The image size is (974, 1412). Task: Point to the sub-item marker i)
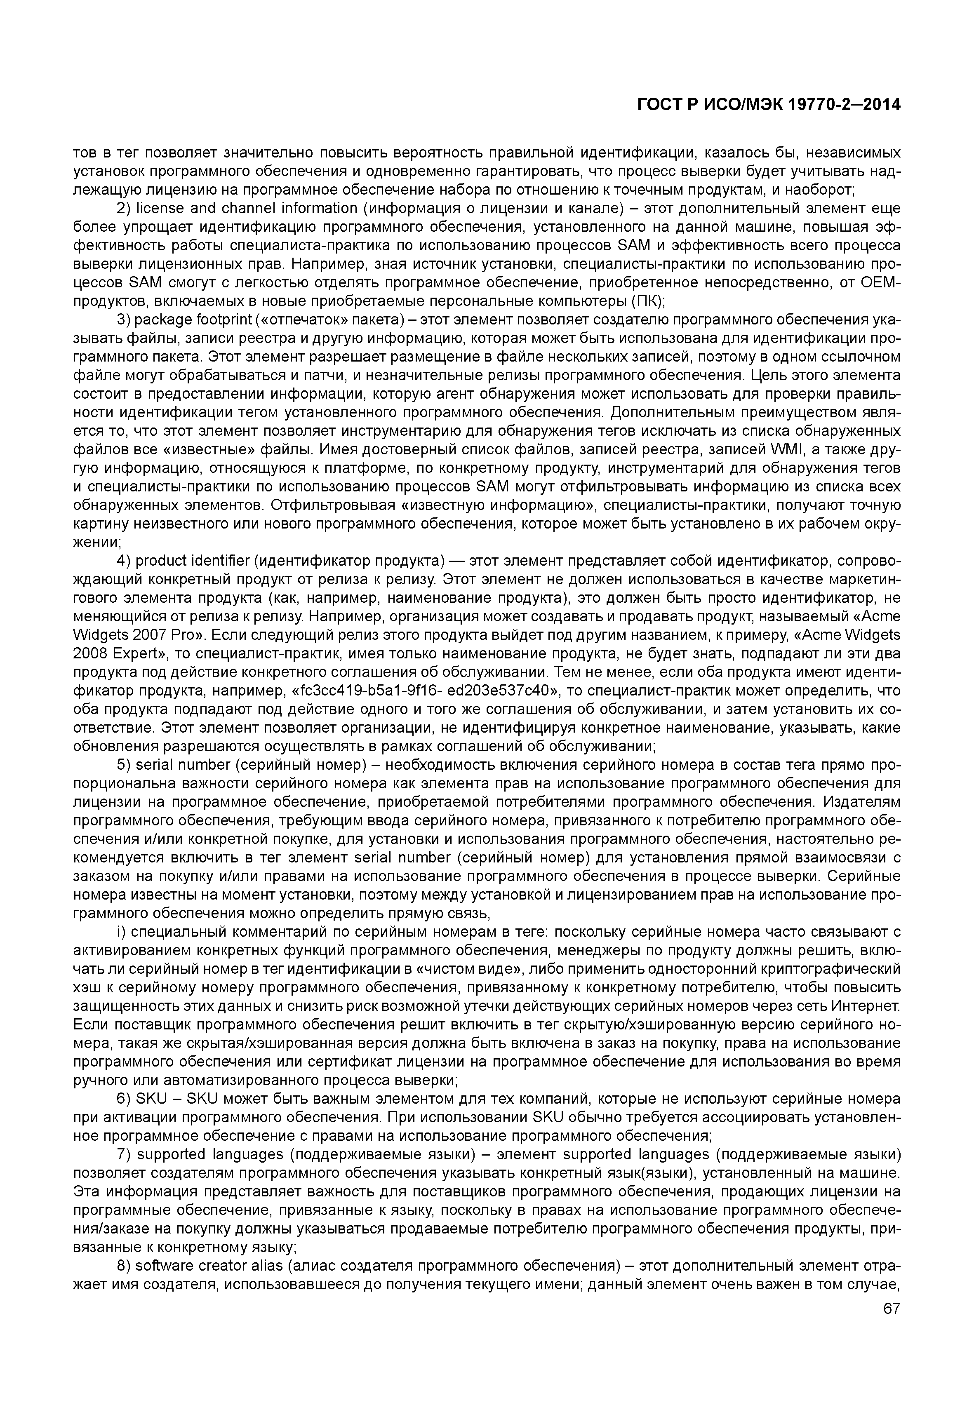click(122, 933)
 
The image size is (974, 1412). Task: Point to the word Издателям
click(861, 802)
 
